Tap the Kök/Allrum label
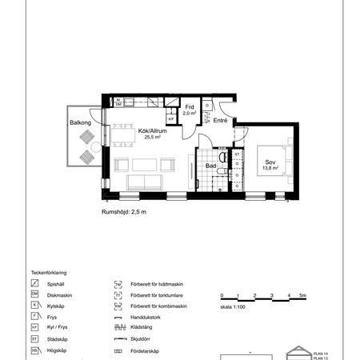[x=152, y=130]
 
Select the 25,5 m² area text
[x=152, y=137]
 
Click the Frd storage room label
[x=190, y=107]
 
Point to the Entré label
[x=221, y=121]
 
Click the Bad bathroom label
[x=210, y=166]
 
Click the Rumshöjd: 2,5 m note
[x=123, y=212]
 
